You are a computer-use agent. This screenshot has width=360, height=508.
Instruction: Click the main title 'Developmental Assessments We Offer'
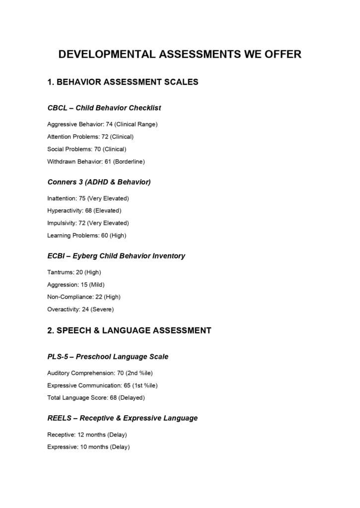click(180, 54)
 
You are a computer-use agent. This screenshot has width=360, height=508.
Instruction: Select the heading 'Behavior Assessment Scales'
click(123, 82)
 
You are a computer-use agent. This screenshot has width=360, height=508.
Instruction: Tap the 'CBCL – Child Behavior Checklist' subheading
click(104, 108)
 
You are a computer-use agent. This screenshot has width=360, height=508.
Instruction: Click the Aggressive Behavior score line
click(102, 124)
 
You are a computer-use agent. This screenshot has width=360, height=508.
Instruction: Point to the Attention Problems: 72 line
click(90, 136)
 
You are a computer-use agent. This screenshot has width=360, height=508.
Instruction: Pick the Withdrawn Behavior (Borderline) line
click(96, 161)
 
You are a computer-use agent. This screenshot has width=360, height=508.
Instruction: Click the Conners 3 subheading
click(99, 182)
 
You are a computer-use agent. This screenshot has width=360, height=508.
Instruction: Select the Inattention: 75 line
click(88, 198)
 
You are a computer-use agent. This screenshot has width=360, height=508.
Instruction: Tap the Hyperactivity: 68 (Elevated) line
click(84, 211)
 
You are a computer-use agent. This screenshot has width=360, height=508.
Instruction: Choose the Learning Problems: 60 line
click(86, 236)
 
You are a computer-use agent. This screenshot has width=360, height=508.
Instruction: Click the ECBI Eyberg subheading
click(116, 256)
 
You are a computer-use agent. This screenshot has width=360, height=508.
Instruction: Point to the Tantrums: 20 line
click(74, 272)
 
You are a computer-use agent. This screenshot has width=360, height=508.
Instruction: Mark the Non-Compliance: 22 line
click(84, 297)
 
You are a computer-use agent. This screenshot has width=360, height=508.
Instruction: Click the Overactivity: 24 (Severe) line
click(80, 309)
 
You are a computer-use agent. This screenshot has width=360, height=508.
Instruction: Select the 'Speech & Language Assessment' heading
click(129, 330)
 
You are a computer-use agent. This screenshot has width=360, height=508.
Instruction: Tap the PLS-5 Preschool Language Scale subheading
click(108, 357)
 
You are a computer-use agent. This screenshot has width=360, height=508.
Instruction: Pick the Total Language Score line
click(96, 397)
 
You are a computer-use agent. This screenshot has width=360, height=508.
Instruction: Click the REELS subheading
click(122, 418)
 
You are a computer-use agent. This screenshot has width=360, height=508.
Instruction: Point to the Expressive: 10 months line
click(88, 447)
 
